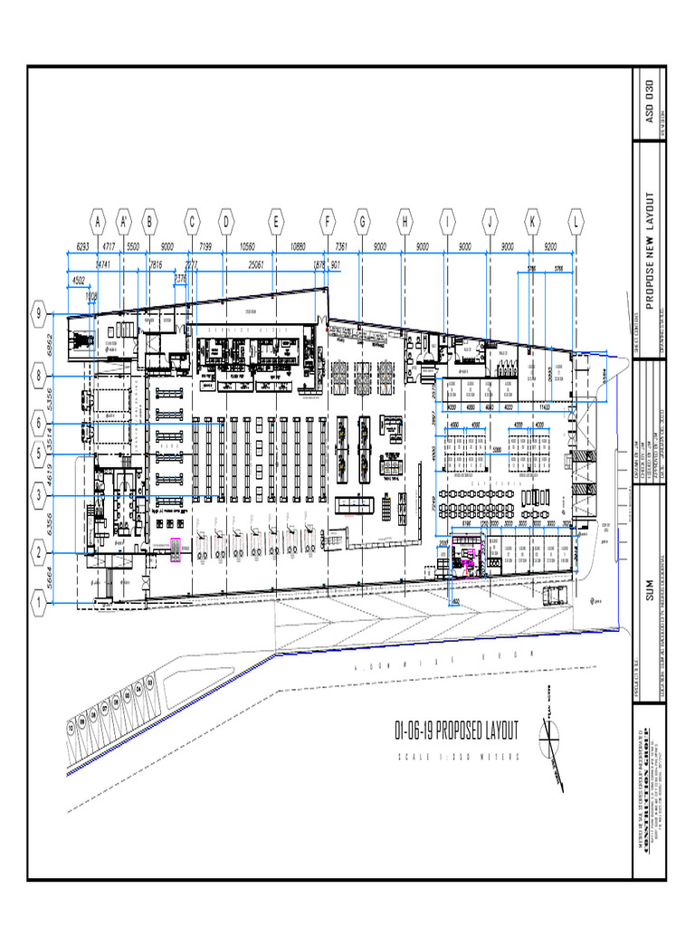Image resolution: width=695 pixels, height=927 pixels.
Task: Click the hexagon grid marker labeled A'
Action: coord(124,220)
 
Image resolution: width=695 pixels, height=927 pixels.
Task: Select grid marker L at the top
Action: coord(576,220)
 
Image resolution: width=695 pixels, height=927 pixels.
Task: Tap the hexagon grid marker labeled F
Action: coord(328,220)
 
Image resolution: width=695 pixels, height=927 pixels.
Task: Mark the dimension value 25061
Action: coord(262,264)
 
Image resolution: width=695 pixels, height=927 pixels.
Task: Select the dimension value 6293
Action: coord(82,246)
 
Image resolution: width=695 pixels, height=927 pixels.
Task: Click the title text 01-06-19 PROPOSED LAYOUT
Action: coord(457,731)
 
